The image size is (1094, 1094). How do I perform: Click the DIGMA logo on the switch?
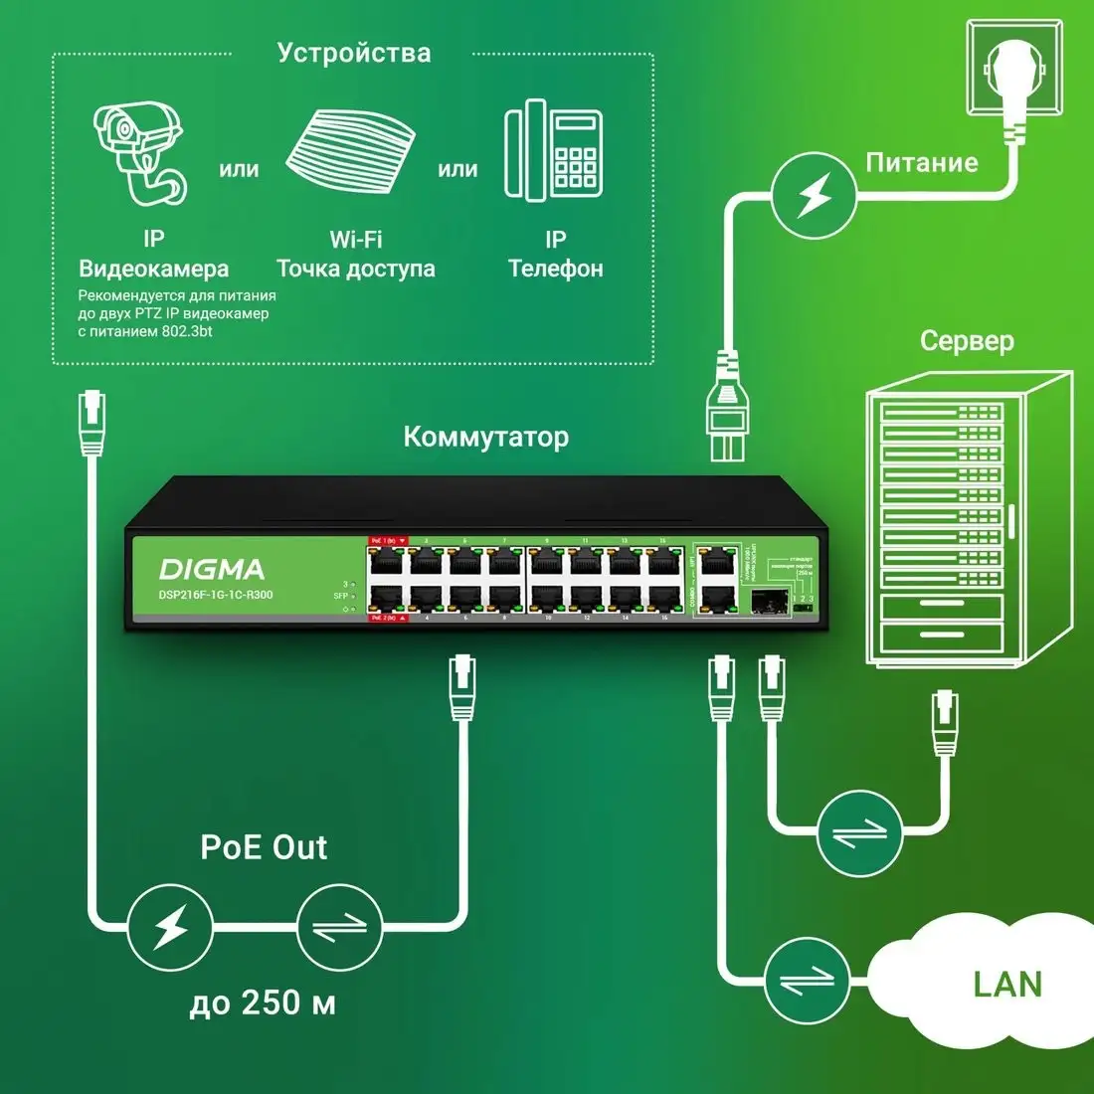click(x=212, y=569)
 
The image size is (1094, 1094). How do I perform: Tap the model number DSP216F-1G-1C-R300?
click(x=216, y=595)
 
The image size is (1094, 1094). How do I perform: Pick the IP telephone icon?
click(x=554, y=149)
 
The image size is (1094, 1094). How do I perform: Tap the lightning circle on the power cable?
click(x=815, y=196)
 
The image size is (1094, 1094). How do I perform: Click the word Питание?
click(x=922, y=163)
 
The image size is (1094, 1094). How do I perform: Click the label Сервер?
click(x=967, y=341)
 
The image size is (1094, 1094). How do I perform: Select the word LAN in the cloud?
click(x=1007, y=985)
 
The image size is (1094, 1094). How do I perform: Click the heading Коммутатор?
click(x=486, y=437)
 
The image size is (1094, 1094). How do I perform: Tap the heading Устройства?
click(x=354, y=53)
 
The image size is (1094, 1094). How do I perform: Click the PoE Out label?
click(x=264, y=847)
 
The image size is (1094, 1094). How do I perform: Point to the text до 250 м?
click(x=263, y=1003)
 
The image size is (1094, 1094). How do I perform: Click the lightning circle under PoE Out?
click(x=170, y=927)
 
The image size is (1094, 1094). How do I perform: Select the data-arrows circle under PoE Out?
click(x=339, y=927)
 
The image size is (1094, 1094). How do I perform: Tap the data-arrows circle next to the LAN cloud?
click(x=807, y=981)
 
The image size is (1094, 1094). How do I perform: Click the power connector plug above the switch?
click(x=726, y=407)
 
